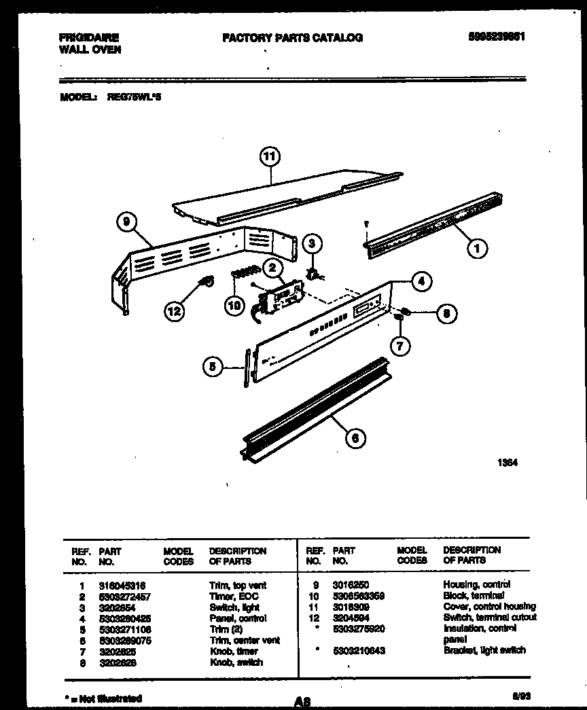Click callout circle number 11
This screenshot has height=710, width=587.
point(270,157)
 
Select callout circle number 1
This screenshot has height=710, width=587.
point(477,249)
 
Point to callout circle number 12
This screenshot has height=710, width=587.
point(175,311)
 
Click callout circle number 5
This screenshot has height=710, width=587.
point(213,367)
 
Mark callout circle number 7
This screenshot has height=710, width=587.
point(399,346)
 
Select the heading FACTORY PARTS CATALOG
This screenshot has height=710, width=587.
point(292,38)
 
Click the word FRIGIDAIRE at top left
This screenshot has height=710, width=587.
point(89,38)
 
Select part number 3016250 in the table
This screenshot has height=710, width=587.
point(351,584)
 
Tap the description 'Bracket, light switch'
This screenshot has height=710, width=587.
point(484,650)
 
